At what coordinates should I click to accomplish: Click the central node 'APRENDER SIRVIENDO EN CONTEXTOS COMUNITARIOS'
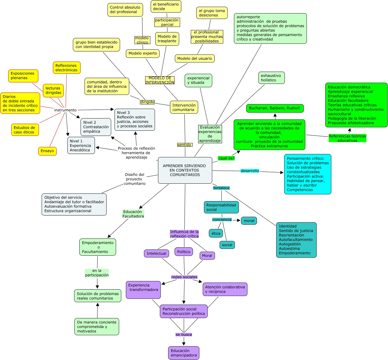[x=185, y=170]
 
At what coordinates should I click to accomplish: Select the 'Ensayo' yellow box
[x=47, y=151]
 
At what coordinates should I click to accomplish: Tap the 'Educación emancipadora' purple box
[x=184, y=353]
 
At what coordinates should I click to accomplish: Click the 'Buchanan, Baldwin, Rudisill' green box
[x=275, y=108]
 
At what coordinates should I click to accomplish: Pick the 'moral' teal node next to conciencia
[x=249, y=221]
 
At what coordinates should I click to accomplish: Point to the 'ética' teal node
[x=216, y=233]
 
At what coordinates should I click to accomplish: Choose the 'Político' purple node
[x=184, y=252]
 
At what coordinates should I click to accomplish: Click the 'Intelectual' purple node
[x=156, y=253]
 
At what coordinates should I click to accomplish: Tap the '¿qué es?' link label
[x=226, y=158]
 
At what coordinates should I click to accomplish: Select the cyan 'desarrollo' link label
[x=250, y=171]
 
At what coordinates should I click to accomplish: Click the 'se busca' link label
[x=184, y=335]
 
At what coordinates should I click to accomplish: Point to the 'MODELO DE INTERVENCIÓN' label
[x=160, y=80]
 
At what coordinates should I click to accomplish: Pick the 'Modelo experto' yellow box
[x=143, y=53]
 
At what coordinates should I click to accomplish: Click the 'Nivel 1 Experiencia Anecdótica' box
[x=81, y=145]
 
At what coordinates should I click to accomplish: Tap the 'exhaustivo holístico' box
[x=271, y=78]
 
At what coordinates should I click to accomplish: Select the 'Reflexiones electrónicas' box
[x=66, y=68]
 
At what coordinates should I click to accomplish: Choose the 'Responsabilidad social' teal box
[x=221, y=207]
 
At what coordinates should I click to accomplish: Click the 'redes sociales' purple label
[x=184, y=277]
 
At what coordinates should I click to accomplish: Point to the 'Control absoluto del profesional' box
[x=125, y=10]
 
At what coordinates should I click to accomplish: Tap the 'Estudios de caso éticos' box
[x=25, y=130]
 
